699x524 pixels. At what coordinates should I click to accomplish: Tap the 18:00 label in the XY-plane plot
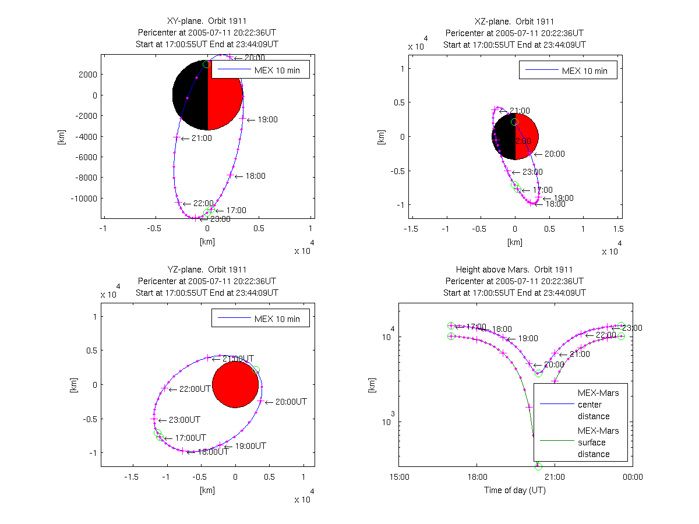point(255,176)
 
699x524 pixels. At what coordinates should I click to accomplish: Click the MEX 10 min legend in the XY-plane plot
point(260,69)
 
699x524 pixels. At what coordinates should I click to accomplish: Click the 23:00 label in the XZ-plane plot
point(532,172)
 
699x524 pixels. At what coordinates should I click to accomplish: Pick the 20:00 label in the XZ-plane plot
point(554,154)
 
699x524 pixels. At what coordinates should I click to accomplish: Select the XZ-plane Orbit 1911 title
point(514,22)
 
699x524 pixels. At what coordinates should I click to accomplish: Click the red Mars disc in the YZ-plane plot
point(235,384)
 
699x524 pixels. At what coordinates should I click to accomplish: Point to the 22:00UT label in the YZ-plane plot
point(195,389)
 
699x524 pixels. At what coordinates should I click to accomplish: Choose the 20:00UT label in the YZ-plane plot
point(291,402)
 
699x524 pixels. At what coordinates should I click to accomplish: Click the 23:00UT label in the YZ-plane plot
point(184,420)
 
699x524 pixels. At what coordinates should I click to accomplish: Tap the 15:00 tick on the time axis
point(399,476)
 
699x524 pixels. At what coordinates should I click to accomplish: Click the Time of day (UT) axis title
point(514,490)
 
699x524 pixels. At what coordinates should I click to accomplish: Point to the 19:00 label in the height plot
point(528,338)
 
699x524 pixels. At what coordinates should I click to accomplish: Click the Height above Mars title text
point(514,270)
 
